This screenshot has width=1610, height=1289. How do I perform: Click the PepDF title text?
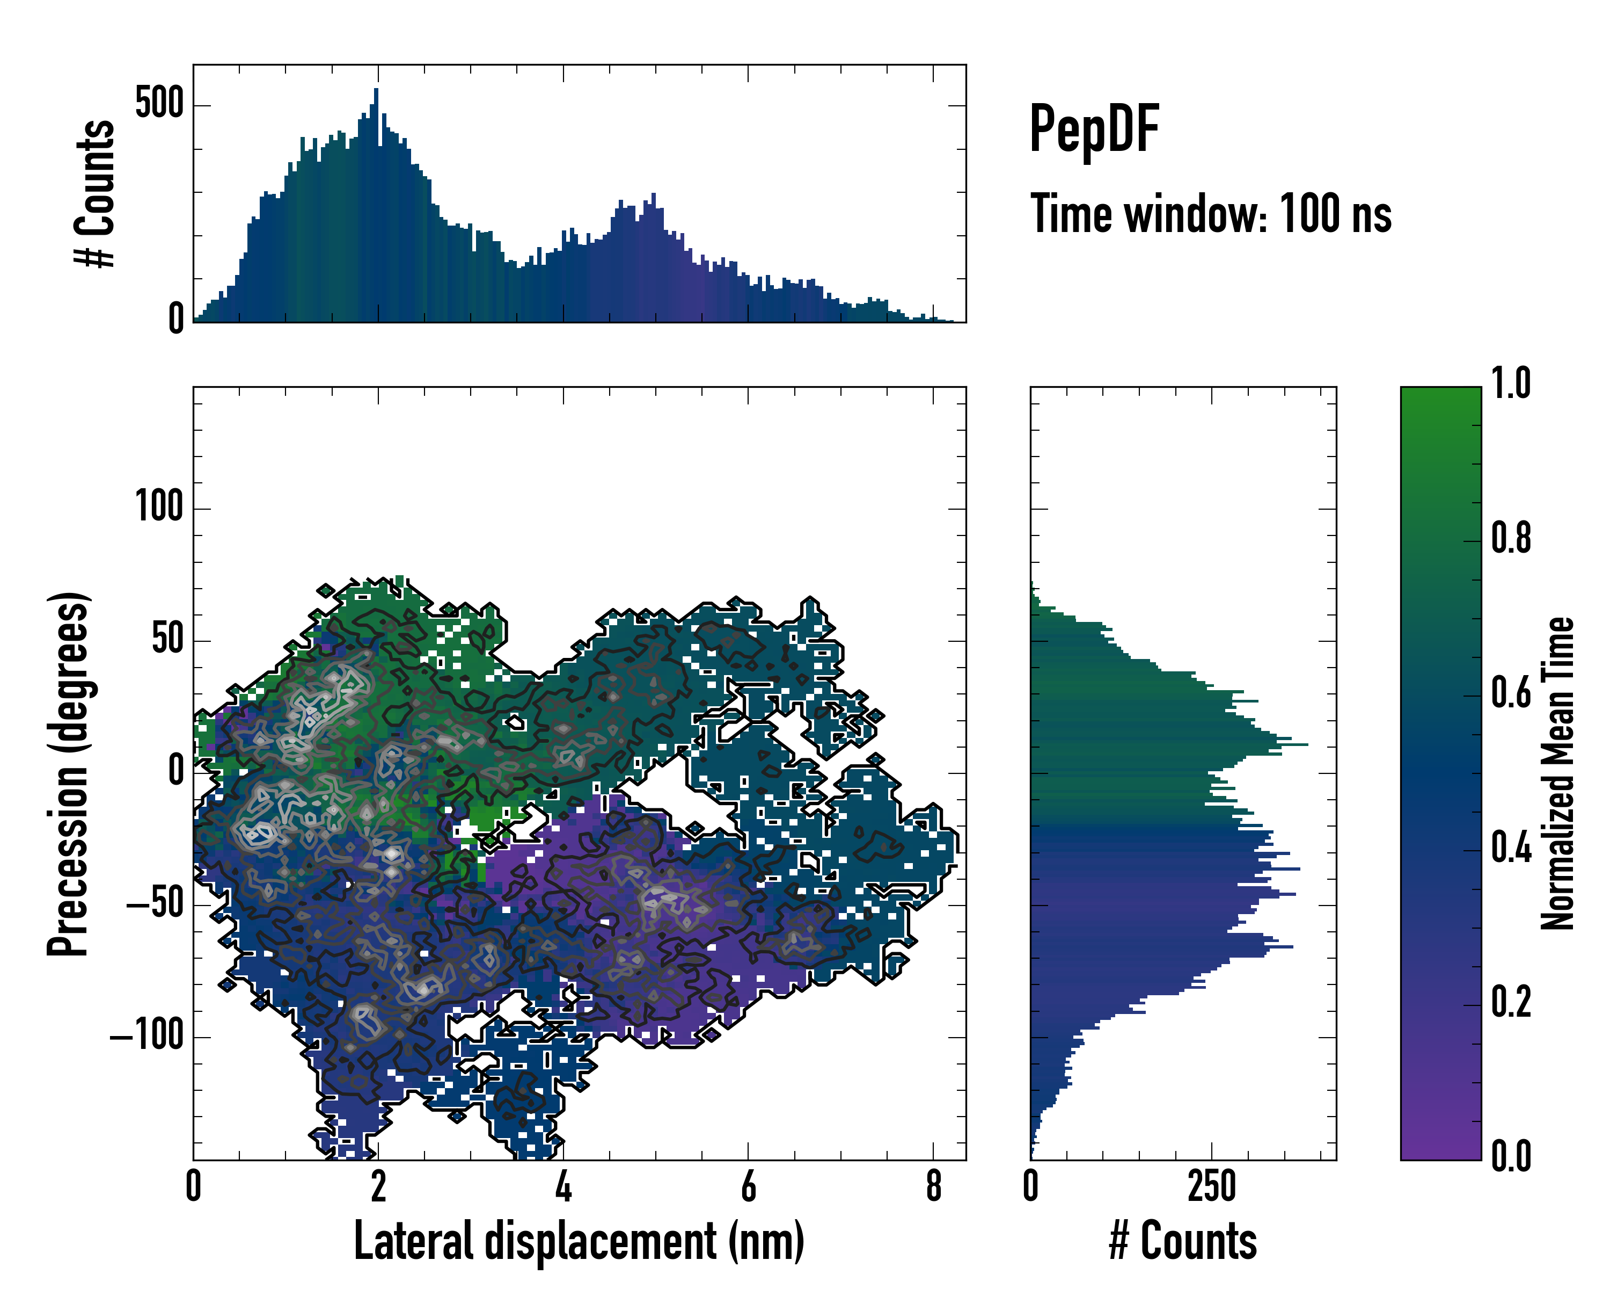[1093, 129]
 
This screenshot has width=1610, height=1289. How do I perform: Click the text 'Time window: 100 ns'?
[1211, 214]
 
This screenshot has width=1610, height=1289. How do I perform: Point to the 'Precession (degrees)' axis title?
[69, 773]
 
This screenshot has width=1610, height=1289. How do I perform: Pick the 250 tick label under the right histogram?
[1211, 1186]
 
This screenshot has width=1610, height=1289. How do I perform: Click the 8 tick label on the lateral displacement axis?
[933, 1186]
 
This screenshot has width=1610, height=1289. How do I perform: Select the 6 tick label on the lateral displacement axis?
[748, 1186]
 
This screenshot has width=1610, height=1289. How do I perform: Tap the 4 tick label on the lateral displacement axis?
[563, 1186]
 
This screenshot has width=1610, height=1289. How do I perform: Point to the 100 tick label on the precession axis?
[159, 508]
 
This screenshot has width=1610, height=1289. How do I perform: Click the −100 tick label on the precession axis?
[147, 1037]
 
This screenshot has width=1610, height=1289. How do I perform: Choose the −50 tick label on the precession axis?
[155, 904]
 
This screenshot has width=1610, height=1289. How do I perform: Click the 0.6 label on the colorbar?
[1511, 693]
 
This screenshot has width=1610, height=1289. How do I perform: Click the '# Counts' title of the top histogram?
[95, 193]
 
